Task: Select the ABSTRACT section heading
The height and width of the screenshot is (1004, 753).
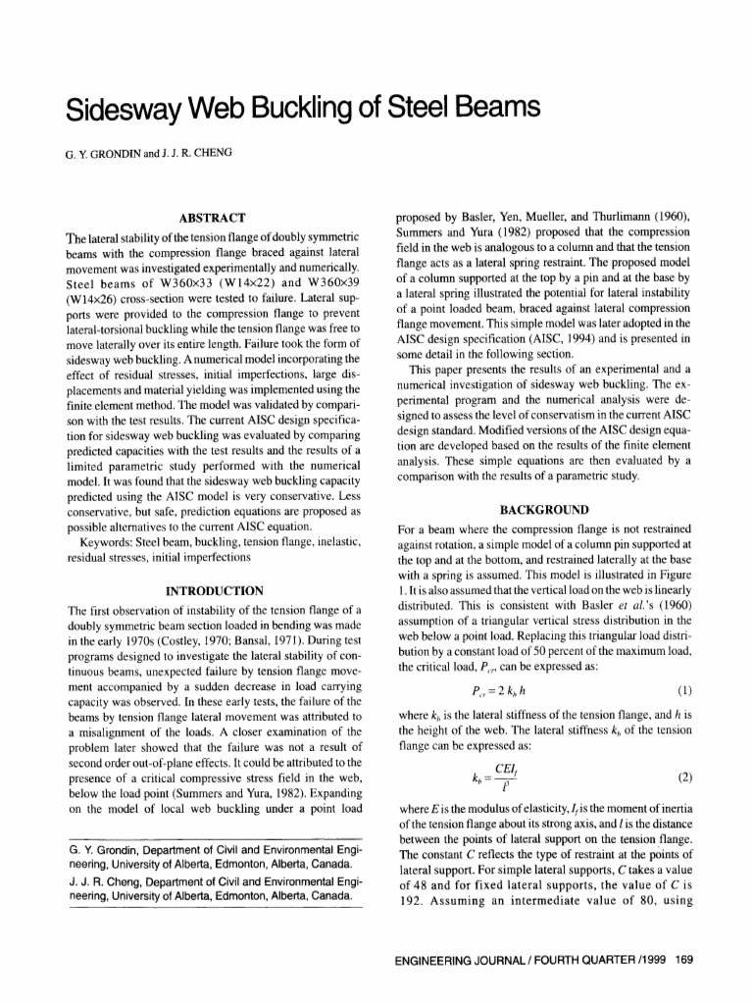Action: (x=213, y=218)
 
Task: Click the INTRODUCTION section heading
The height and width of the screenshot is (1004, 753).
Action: (x=213, y=591)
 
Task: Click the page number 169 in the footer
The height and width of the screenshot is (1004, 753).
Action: (x=684, y=960)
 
